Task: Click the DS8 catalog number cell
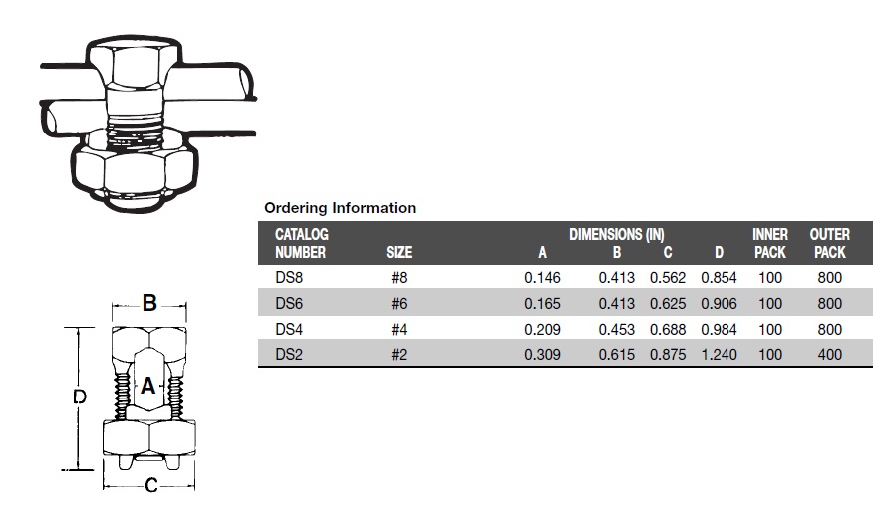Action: (x=289, y=277)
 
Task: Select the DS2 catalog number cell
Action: (x=289, y=354)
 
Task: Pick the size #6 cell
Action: (x=399, y=303)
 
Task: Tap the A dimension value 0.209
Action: (x=542, y=329)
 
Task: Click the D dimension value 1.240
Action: (x=719, y=354)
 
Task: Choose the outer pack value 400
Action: (x=829, y=354)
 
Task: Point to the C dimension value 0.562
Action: (x=668, y=277)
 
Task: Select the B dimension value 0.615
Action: (x=616, y=354)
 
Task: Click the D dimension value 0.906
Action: (x=719, y=303)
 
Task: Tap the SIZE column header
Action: (x=399, y=253)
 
